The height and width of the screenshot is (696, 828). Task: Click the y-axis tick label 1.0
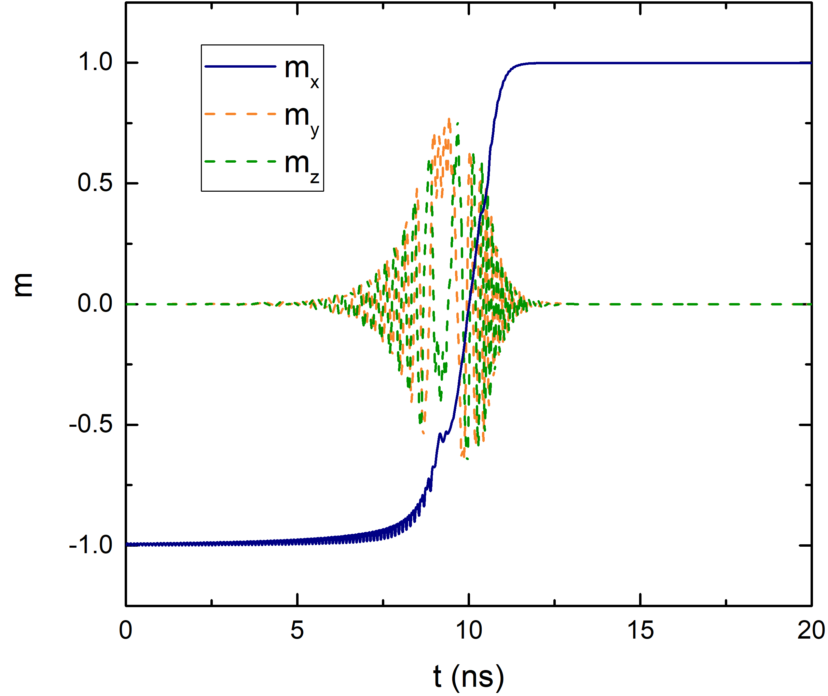[95, 62]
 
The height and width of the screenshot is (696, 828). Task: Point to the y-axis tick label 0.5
[95, 183]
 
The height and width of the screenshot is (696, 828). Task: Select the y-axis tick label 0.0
[95, 304]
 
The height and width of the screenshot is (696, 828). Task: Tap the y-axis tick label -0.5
[91, 425]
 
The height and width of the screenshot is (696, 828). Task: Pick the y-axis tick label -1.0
[91, 545]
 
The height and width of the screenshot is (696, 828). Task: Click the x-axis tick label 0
[125, 630]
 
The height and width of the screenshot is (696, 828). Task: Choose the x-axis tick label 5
[297, 630]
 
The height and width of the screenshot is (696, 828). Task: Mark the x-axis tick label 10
[469, 630]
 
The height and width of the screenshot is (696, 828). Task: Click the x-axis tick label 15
[640, 630]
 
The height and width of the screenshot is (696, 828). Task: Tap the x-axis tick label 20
[811, 630]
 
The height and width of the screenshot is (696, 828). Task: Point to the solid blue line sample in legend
[240, 66]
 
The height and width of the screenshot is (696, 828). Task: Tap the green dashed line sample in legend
[240, 161]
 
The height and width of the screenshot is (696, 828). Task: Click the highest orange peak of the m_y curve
[449, 119]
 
